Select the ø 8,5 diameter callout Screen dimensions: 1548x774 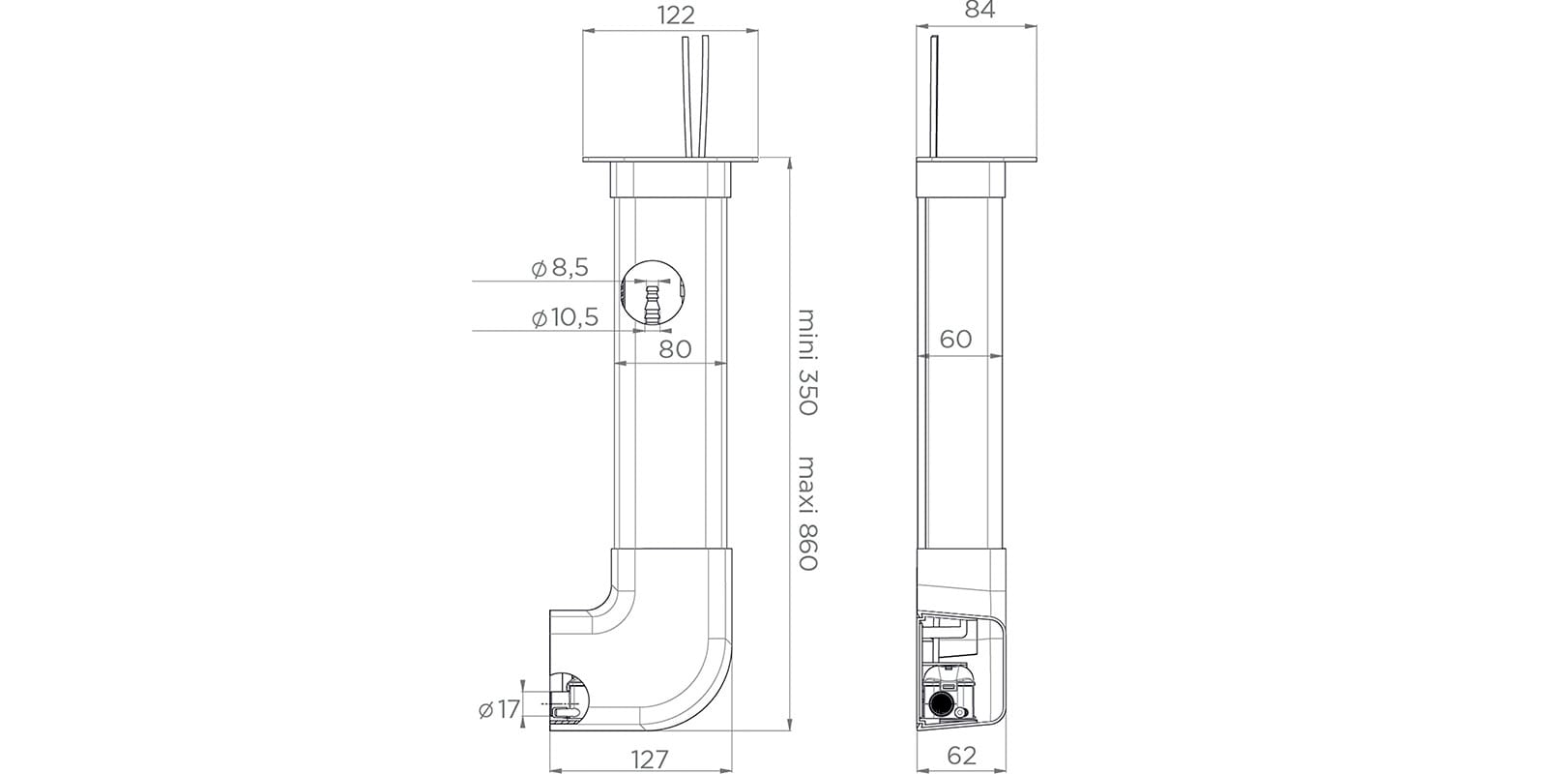561,268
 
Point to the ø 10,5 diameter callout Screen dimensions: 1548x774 566,318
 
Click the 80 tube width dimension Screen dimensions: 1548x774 675,349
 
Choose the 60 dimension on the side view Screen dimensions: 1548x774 955,339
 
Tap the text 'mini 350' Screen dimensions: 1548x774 808,362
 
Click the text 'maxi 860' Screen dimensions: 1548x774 808,513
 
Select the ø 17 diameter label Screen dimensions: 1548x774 499,709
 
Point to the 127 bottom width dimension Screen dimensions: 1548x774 651,759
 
